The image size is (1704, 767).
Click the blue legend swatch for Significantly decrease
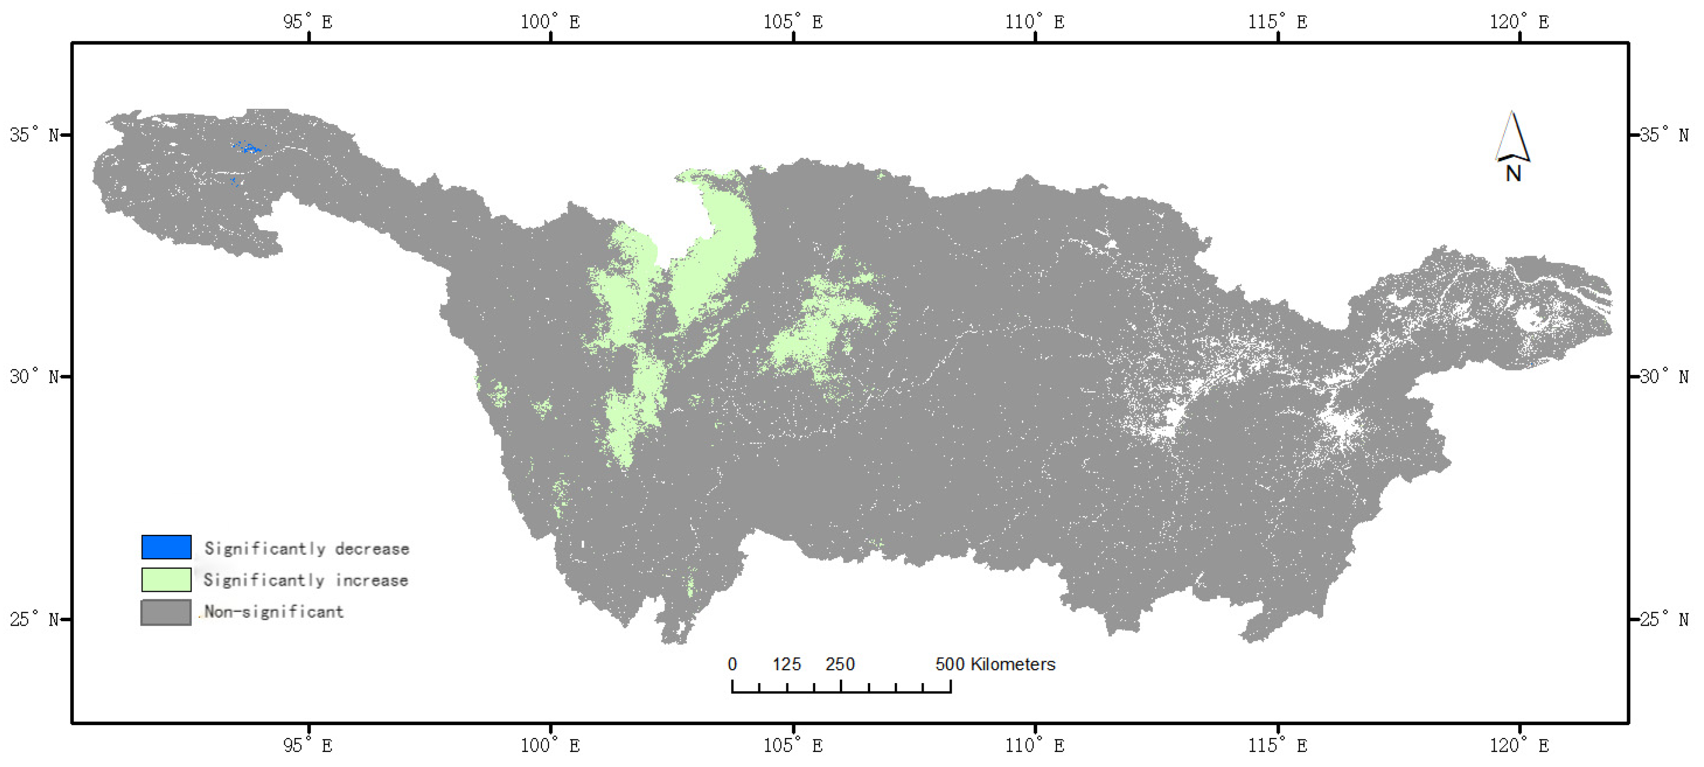point(166,547)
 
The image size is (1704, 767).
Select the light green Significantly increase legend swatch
point(166,579)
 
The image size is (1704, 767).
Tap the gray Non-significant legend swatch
point(166,612)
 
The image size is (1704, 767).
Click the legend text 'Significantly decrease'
point(306,548)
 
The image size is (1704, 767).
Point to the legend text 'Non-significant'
point(274,612)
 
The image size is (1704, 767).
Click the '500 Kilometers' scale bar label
point(995,664)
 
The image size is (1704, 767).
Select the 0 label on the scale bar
point(732,664)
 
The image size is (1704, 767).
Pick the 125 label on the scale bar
point(786,664)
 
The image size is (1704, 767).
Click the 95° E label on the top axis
point(308,22)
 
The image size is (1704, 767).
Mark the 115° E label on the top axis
point(1277,22)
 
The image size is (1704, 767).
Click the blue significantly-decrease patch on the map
point(249,149)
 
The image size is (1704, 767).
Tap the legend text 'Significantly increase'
point(306,580)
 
